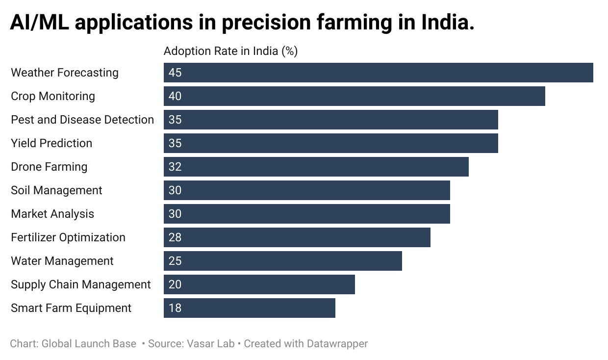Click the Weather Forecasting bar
click(379, 73)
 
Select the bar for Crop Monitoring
click(354, 96)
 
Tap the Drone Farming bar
click(316, 167)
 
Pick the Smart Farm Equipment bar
click(250, 308)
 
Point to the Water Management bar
click(283, 261)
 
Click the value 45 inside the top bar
click(175, 73)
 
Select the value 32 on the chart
click(175, 167)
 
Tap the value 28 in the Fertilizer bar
click(175, 237)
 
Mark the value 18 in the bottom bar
click(175, 308)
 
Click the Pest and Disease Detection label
click(82, 120)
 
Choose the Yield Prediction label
click(51, 143)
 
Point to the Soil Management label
click(56, 190)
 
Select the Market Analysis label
click(52, 214)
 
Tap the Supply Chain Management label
click(80, 284)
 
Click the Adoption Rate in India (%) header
click(230, 51)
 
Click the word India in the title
click(448, 22)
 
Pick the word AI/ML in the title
click(39, 22)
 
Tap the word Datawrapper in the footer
click(337, 344)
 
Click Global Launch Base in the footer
click(89, 344)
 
